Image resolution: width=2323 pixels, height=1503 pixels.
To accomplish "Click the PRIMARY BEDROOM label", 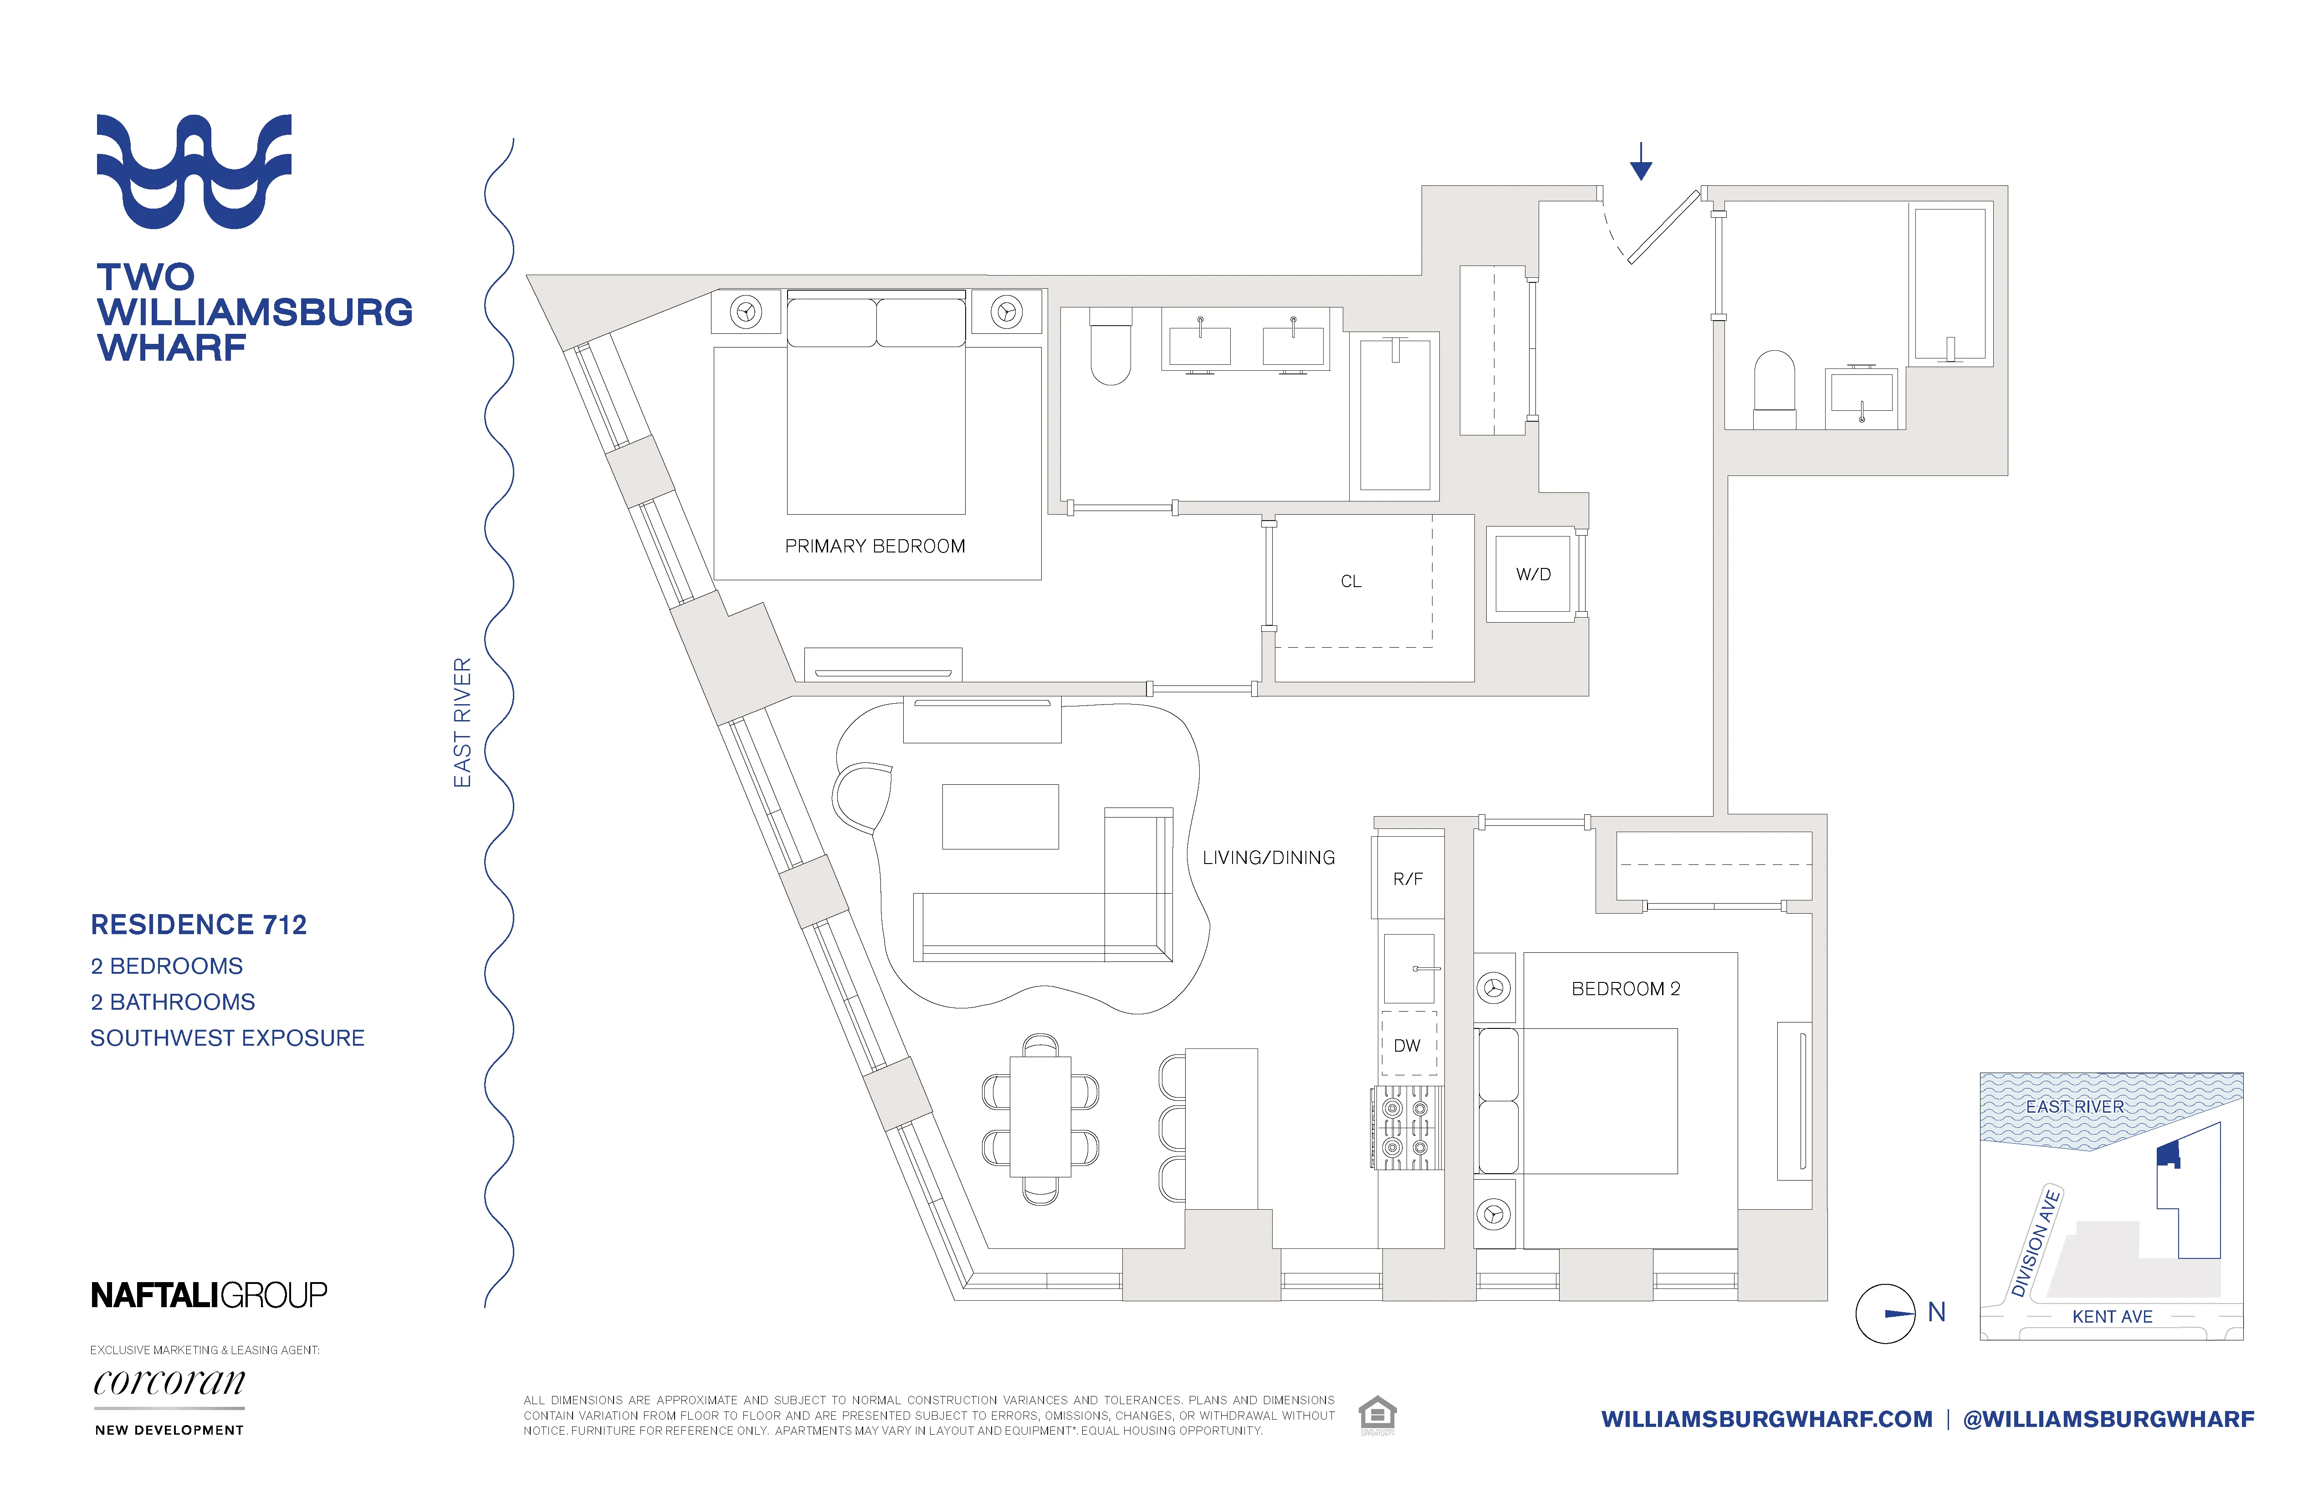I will [x=875, y=547].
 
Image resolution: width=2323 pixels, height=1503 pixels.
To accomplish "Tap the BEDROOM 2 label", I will [x=1625, y=989].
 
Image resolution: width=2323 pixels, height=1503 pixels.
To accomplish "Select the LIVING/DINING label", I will [x=1268, y=858].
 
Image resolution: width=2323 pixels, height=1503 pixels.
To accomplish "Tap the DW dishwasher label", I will [x=1407, y=1045].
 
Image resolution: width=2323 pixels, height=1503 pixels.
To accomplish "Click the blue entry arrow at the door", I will [x=1641, y=161].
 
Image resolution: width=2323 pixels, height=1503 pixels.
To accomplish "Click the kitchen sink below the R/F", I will [x=1408, y=968].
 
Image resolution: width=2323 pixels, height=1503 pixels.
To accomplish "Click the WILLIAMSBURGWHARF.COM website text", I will [x=1767, y=1419].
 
